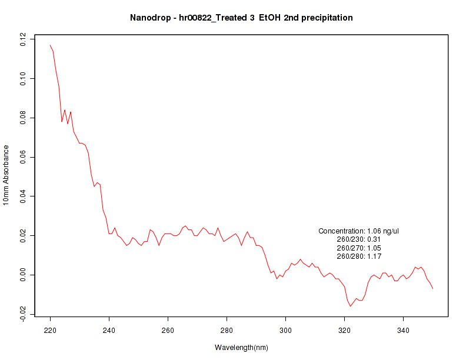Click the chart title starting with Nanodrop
point(241,18)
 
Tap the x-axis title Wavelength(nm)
point(241,348)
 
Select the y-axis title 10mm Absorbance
point(6,175)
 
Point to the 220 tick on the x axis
point(50,331)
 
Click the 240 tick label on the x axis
point(109,331)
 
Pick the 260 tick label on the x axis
point(168,331)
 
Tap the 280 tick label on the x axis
point(227,331)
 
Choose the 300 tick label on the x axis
point(285,331)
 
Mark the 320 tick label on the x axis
point(344,331)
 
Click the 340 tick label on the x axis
point(403,331)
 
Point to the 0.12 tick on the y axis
point(23,39)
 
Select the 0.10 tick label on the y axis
point(23,78)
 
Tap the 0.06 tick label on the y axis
point(23,157)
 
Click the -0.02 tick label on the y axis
point(23,314)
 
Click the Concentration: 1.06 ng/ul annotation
point(359,231)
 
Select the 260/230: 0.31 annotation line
point(359,240)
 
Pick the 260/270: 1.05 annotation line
point(359,248)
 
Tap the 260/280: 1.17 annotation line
point(359,256)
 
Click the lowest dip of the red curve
point(351,306)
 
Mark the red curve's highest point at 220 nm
point(50,45)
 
